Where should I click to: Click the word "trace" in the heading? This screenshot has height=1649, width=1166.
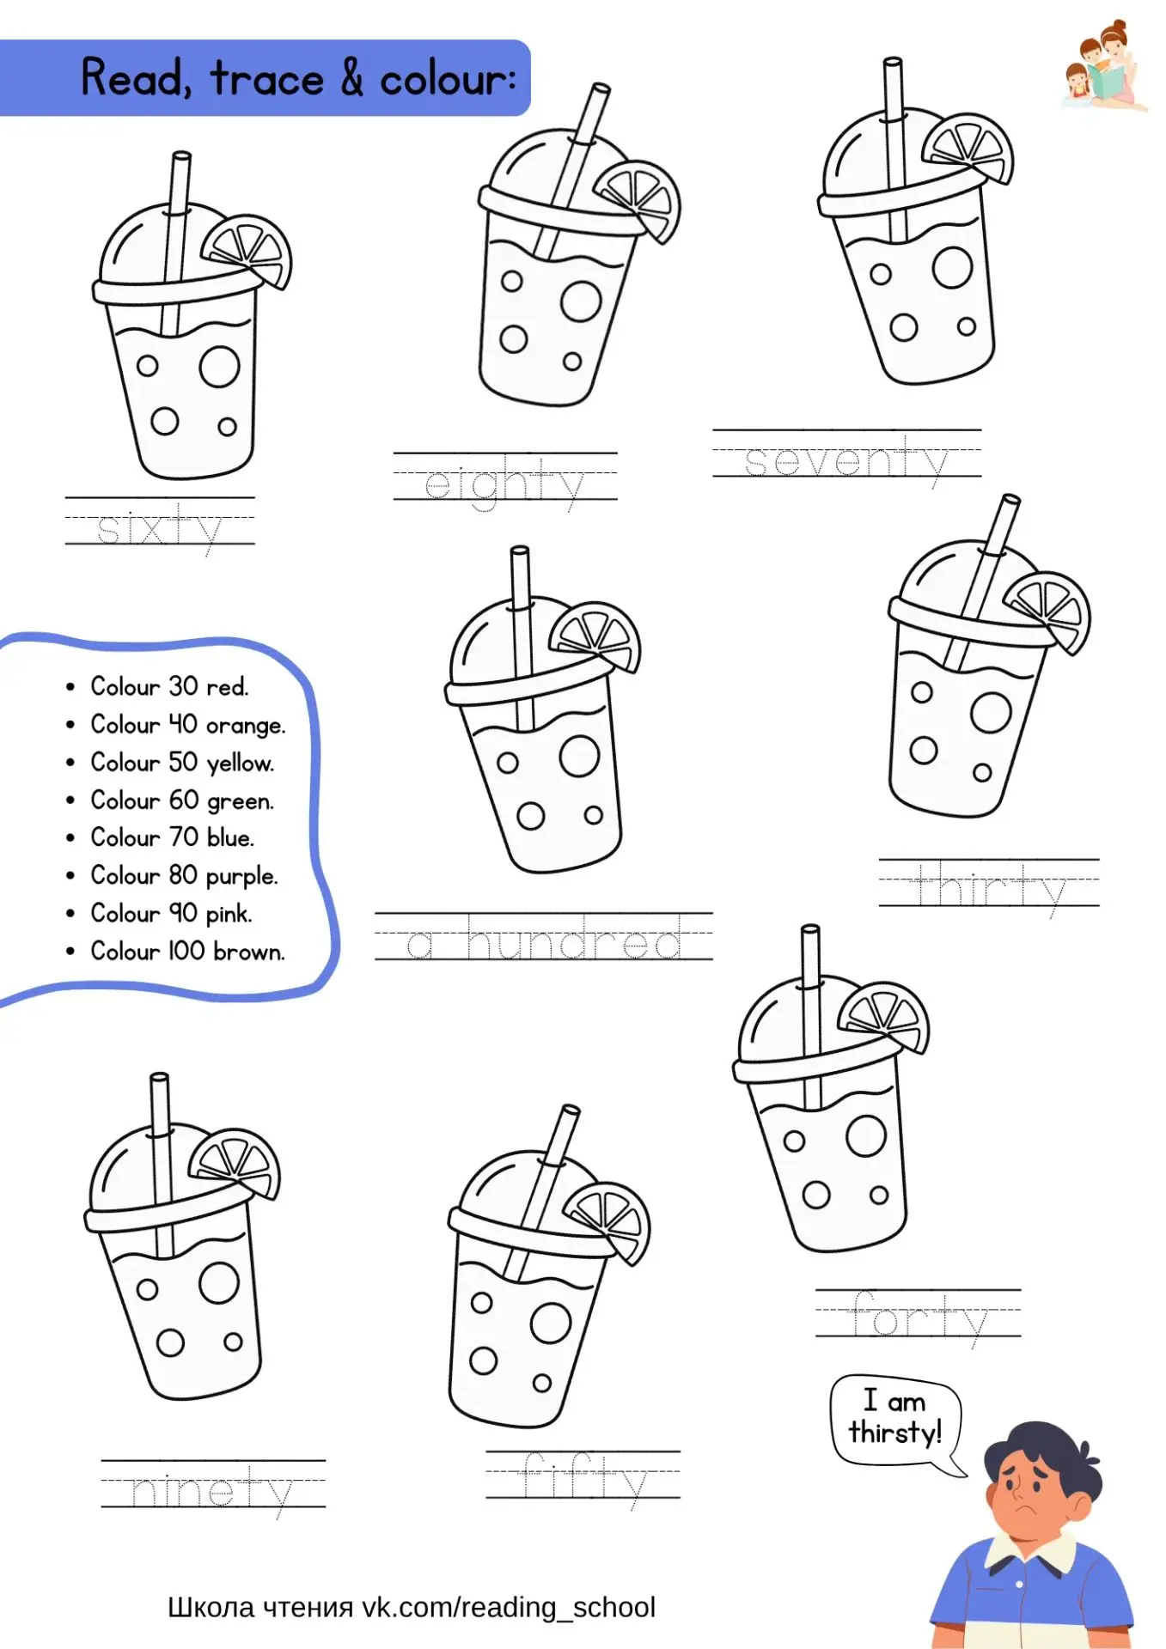point(267,79)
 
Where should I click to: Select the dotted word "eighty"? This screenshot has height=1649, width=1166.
point(504,484)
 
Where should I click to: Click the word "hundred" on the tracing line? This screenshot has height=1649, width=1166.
point(574,939)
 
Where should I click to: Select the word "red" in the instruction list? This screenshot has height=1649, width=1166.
point(228,687)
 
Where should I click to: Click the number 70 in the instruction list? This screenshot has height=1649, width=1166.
point(184,837)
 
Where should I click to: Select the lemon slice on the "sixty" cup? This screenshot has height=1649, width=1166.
point(247,250)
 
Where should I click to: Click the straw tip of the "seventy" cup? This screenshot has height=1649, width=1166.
point(893,63)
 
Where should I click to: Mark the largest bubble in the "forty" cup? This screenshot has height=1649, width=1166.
point(865,1135)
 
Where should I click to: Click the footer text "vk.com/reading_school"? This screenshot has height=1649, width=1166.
point(508,1608)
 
